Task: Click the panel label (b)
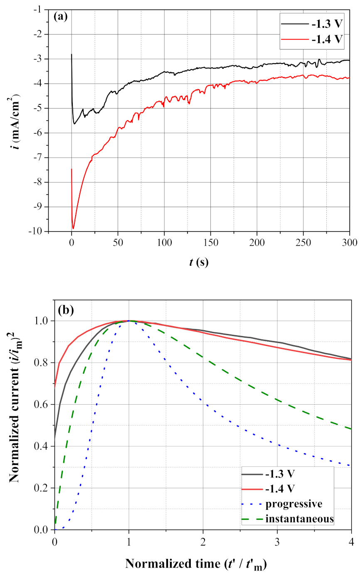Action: click(x=64, y=310)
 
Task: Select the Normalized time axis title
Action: click(x=196, y=564)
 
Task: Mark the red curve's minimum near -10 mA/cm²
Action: click(x=73, y=228)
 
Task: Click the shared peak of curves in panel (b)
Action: click(x=129, y=321)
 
